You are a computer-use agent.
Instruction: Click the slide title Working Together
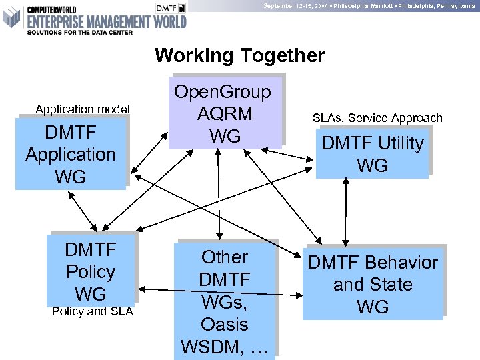pyautogui.click(x=239, y=55)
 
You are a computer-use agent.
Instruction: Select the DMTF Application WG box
pyautogui.click(x=71, y=154)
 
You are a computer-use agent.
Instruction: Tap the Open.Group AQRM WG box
pyautogui.click(x=225, y=113)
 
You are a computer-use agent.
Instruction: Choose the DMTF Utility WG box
pyautogui.click(x=373, y=154)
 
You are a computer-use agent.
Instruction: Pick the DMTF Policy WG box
pyautogui.click(x=91, y=271)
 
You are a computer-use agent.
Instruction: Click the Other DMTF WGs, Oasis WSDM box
pyautogui.click(x=225, y=302)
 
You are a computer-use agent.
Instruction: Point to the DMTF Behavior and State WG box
pyautogui.click(x=373, y=284)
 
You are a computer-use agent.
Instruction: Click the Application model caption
pyautogui.click(x=83, y=109)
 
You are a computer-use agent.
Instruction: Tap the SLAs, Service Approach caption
pyautogui.click(x=377, y=118)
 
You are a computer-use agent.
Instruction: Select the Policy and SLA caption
pyautogui.click(x=92, y=311)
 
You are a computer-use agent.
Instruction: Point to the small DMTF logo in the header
pyautogui.click(x=171, y=7)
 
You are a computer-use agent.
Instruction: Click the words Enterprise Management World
pyautogui.click(x=106, y=22)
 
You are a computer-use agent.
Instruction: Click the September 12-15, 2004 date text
pyautogui.click(x=293, y=5)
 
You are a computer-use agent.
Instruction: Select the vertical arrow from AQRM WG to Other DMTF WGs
pyautogui.click(x=218, y=193)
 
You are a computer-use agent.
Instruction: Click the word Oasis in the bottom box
pyautogui.click(x=225, y=325)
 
